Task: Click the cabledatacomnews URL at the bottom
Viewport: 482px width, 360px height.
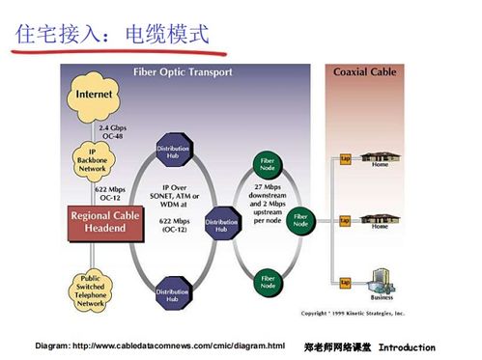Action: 159,346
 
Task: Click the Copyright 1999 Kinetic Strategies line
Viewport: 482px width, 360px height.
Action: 354,314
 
